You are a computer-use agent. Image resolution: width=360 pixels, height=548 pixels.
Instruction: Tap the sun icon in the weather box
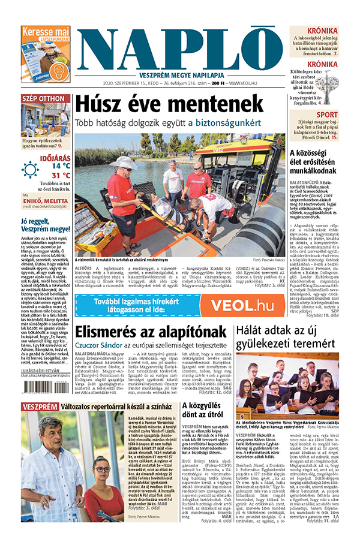pyautogui.click(x=30, y=169)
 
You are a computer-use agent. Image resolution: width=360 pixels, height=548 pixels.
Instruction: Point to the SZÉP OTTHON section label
pyautogui.click(x=43, y=98)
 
